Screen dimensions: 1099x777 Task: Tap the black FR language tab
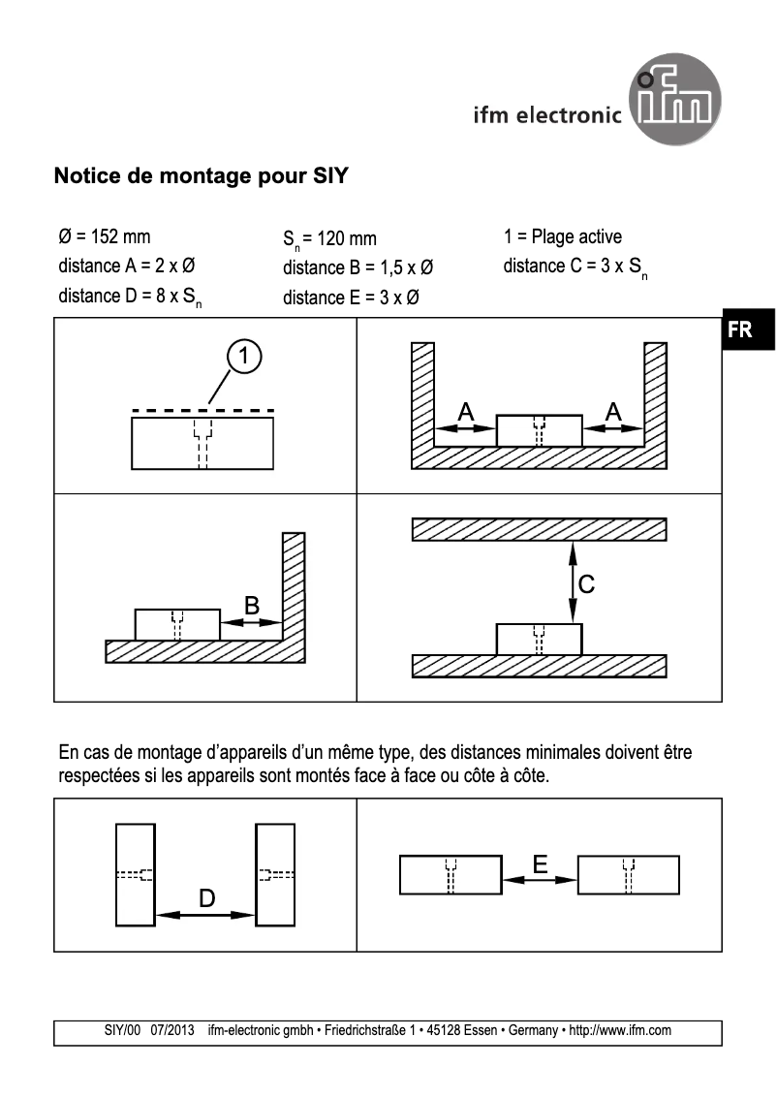point(740,330)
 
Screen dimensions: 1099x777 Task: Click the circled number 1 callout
point(246,357)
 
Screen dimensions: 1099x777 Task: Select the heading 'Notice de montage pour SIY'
point(201,177)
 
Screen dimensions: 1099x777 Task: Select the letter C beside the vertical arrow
point(586,584)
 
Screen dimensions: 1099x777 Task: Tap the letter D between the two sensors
point(206,899)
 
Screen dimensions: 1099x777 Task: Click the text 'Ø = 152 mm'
point(105,237)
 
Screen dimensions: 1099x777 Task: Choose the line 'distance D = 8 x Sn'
point(131,297)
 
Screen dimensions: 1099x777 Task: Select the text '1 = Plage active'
point(563,237)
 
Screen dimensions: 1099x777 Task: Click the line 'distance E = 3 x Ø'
point(351,298)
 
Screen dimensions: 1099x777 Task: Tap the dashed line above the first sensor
point(202,410)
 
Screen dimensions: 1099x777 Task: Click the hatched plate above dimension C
point(540,529)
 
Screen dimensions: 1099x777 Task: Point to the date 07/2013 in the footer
point(173,1031)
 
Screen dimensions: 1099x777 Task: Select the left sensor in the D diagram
point(135,875)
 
